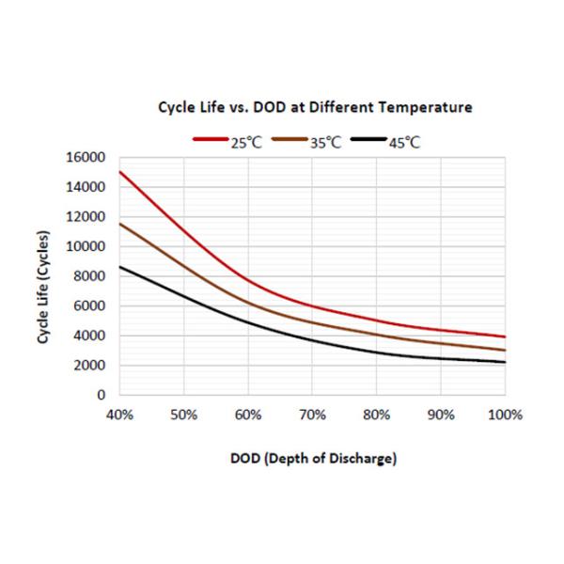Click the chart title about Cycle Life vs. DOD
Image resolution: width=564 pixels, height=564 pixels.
point(315,108)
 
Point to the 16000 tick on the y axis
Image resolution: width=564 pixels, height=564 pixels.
point(86,157)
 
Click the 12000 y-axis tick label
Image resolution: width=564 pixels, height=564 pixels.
point(86,217)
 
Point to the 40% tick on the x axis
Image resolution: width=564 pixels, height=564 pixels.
point(119,415)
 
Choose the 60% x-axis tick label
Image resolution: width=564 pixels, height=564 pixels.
point(248,415)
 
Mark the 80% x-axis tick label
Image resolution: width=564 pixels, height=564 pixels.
point(377,415)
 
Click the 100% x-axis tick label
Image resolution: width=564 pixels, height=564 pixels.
point(504,415)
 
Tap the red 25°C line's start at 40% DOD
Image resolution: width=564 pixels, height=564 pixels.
point(119,171)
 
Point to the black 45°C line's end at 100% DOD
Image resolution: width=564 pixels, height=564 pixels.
point(506,362)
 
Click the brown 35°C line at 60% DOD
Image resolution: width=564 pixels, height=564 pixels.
point(248,302)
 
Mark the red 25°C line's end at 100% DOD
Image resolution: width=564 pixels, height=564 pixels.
point(506,337)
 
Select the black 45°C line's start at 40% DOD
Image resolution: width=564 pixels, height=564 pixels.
point(119,267)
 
